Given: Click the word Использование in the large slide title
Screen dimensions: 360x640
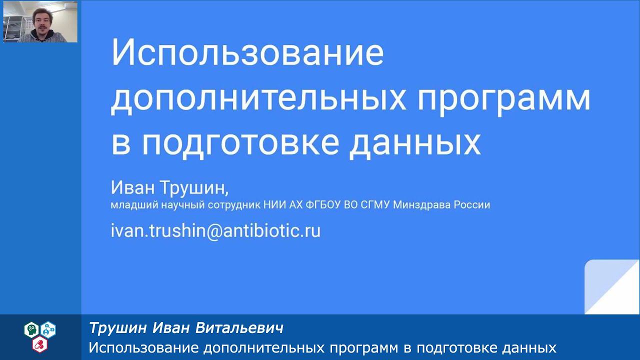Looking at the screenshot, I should (x=247, y=53).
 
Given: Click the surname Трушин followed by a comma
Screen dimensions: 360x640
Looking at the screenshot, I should (x=194, y=188).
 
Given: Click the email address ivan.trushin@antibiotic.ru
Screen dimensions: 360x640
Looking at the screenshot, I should (x=215, y=230).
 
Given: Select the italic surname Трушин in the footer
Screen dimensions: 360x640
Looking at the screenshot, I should (x=118, y=328).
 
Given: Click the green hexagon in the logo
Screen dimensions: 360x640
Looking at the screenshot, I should (x=31, y=329).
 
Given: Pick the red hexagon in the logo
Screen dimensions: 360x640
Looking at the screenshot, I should (x=39, y=344).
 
